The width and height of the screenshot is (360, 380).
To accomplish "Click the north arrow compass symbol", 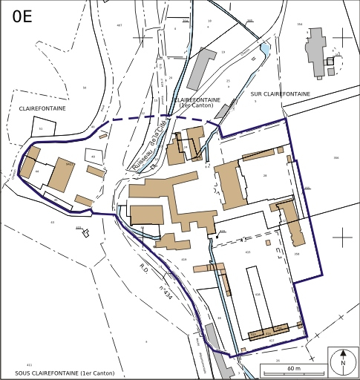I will click(x=343, y=362).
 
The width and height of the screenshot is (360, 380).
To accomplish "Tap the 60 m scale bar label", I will click(x=293, y=368).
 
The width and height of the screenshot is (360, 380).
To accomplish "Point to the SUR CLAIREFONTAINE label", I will click(x=282, y=94).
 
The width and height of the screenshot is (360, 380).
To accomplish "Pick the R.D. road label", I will click(x=143, y=267).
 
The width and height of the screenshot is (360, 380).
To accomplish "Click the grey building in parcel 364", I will click(x=316, y=49).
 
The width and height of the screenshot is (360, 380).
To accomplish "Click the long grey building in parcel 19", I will click(x=200, y=68).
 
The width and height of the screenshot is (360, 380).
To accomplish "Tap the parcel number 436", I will click(x=258, y=295).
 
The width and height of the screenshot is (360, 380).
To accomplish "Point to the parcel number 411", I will click(x=29, y=366).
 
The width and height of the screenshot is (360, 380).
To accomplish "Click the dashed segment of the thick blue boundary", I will click(x=156, y=119).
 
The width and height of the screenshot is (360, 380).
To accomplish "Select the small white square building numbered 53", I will click(x=42, y=128).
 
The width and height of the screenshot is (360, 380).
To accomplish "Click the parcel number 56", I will click(x=85, y=88).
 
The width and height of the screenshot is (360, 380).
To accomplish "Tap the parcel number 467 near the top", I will click(x=119, y=25).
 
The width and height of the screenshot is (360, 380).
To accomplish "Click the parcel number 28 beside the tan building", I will click(x=264, y=176).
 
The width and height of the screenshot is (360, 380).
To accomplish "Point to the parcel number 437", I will click(x=272, y=341).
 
